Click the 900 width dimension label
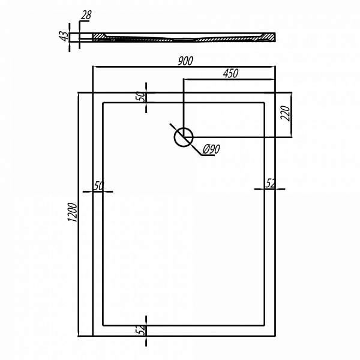[185, 61]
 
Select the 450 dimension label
[231, 73]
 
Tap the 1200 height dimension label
[73, 212]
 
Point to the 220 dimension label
[286, 113]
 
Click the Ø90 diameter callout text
[212, 149]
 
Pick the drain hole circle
[183, 137]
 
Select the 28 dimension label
[86, 15]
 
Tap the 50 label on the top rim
[141, 97]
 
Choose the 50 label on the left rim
[99, 186]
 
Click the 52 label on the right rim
[270, 184]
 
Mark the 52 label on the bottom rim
[142, 330]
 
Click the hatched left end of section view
[99, 37]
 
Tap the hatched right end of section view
[268, 37]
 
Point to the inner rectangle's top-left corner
[103, 103]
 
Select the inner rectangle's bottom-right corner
[265, 325]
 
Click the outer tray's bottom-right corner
[275, 336]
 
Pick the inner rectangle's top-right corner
[265, 103]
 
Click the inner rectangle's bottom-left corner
[103, 325]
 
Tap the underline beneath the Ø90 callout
[208, 155]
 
